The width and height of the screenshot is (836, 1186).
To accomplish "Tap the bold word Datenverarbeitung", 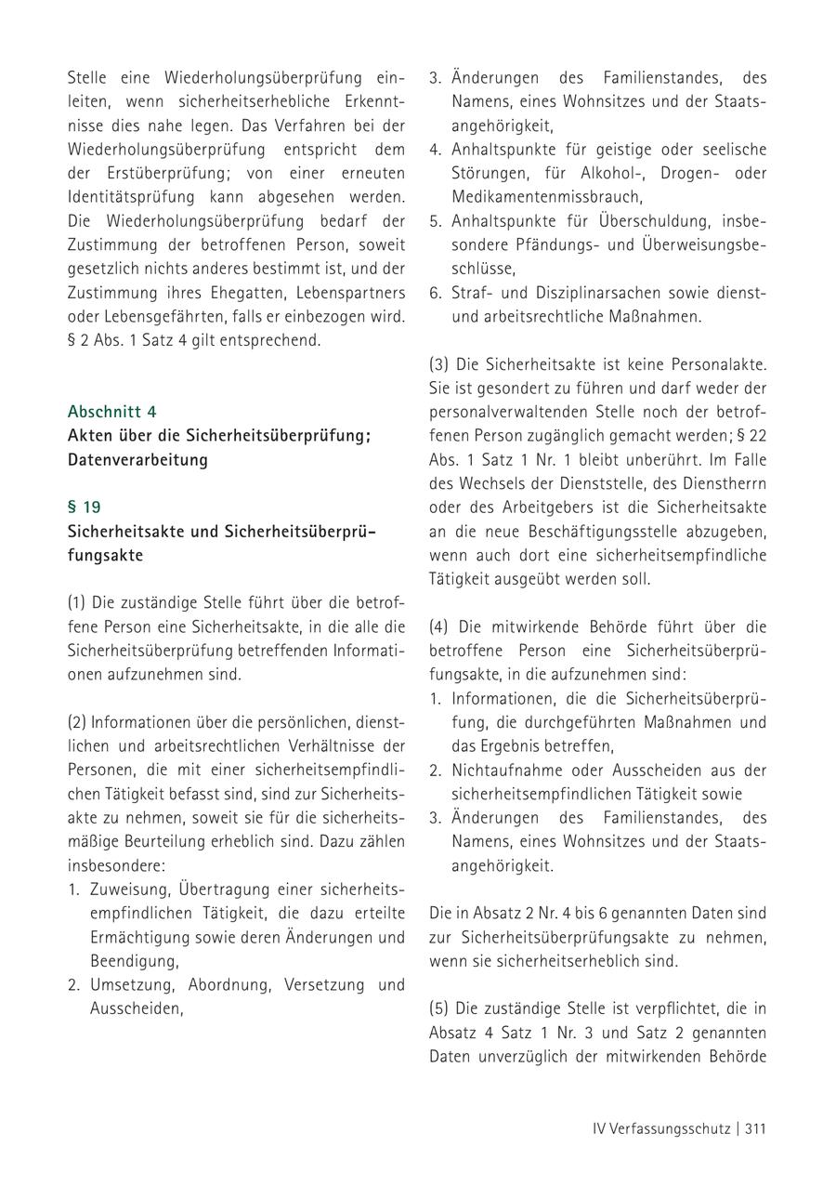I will click(137, 460).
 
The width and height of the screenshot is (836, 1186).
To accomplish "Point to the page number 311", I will click(754, 1128).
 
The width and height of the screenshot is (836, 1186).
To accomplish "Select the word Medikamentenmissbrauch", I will click(546, 197).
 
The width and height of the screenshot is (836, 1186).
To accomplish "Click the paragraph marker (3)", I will click(439, 363).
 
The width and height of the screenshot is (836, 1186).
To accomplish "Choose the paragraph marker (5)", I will click(439, 1008).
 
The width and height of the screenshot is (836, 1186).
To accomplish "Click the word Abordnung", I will click(231, 984).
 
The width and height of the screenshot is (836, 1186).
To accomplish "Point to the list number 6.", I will click(435, 293).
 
